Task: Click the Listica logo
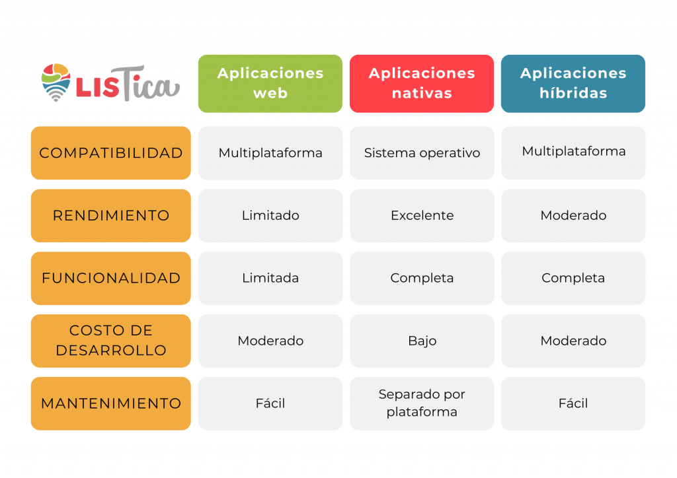click(110, 83)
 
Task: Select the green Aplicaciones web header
click(270, 84)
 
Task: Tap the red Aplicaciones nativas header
click(422, 84)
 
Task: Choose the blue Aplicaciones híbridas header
click(573, 84)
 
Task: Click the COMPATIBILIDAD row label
click(111, 153)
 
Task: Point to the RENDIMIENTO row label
click(111, 215)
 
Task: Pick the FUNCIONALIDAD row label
click(111, 279)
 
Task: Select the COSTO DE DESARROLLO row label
click(111, 341)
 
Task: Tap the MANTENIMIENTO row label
click(111, 403)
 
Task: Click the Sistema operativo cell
click(422, 153)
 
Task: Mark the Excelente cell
click(422, 215)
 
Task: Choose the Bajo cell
click(422, 341)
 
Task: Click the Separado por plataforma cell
click(422, 403)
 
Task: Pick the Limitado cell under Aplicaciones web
click(270, 215)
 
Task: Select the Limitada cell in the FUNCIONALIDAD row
click(270, 279)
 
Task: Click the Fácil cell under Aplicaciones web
click(270, 403)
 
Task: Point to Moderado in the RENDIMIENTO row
click(573, 215)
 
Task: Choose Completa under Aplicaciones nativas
click(422, 279)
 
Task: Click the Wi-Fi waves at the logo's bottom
click(56, 92)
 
